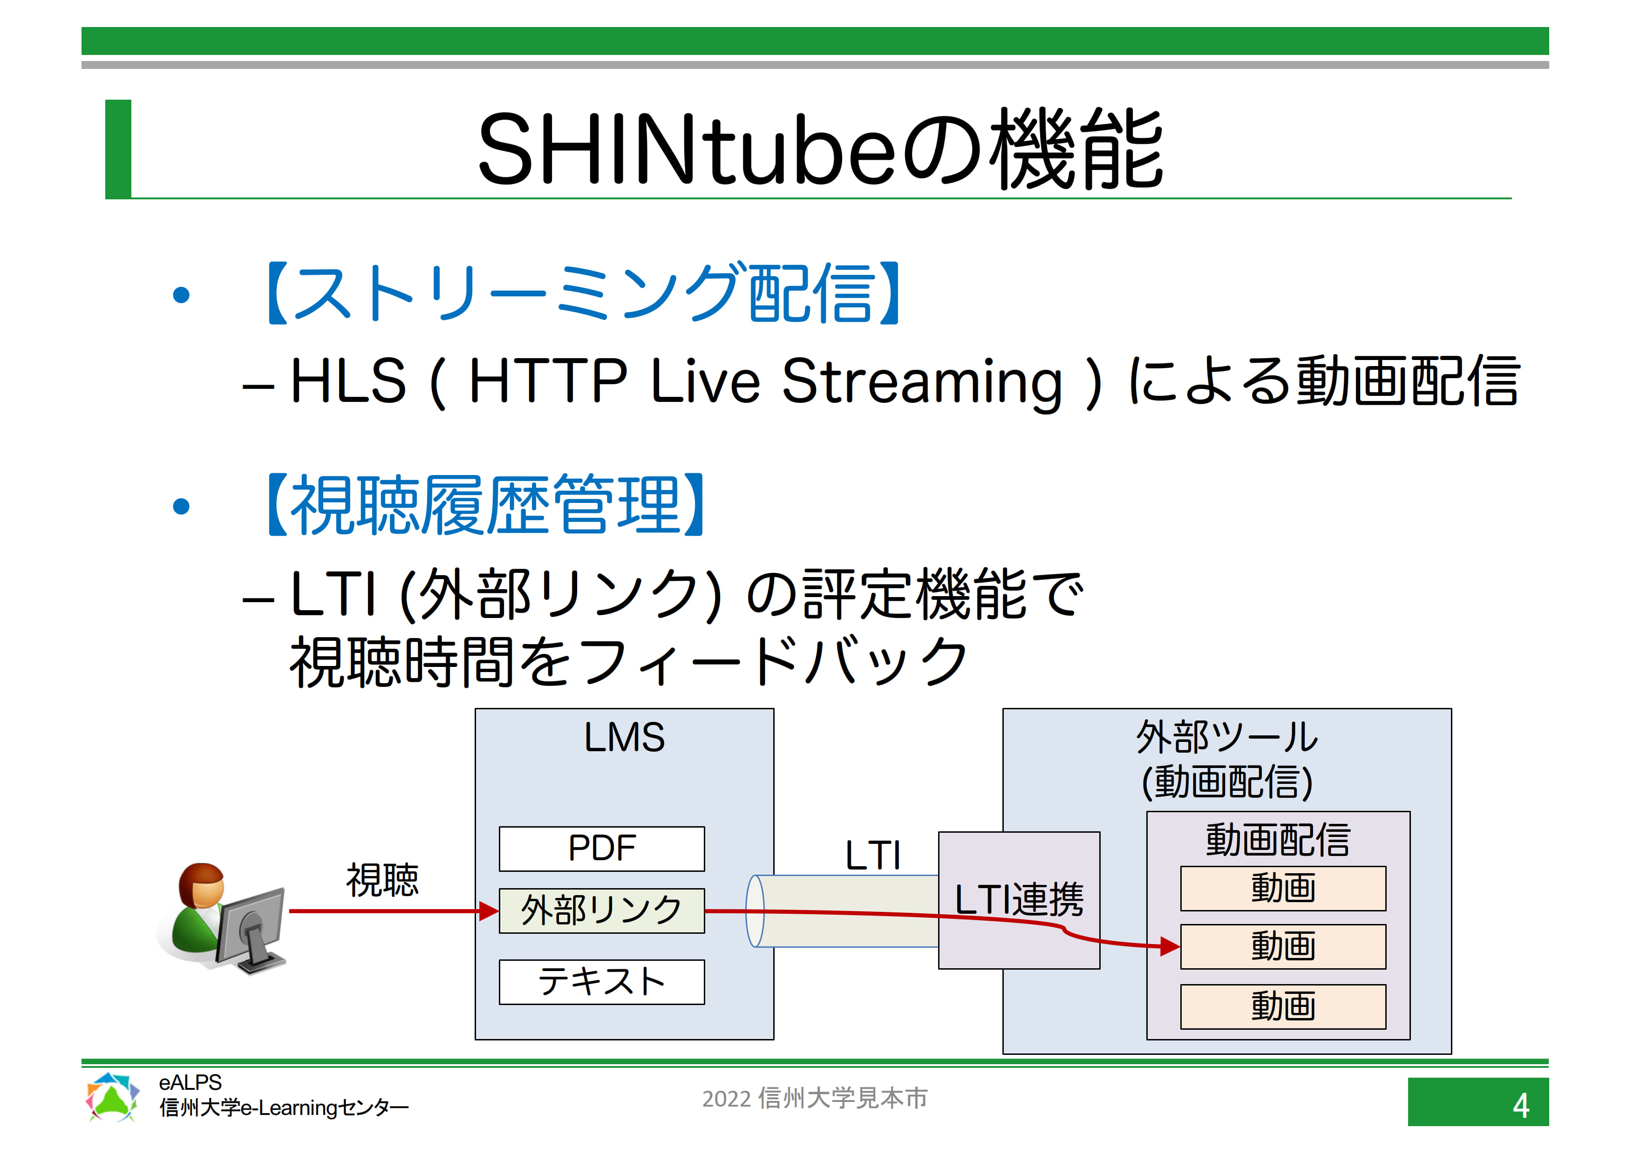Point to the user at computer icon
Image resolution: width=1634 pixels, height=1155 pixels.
(x=222, y=917)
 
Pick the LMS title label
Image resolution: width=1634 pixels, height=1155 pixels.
(x=624, y=737)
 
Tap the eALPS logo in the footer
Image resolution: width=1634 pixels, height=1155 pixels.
(x=112, y=1097)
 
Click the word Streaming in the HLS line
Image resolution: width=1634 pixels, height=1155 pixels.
(x=922, y=383)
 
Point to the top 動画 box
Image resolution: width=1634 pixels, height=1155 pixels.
(x=1282, y=888)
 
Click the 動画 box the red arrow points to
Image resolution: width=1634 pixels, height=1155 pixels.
(x=1282, y=946)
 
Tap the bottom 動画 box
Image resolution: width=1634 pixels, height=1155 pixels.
(x=1282, y=1006)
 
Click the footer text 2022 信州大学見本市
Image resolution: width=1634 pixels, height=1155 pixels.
(x=815, y=1098)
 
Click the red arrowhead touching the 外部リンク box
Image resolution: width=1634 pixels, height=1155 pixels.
(x=489, y=911)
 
